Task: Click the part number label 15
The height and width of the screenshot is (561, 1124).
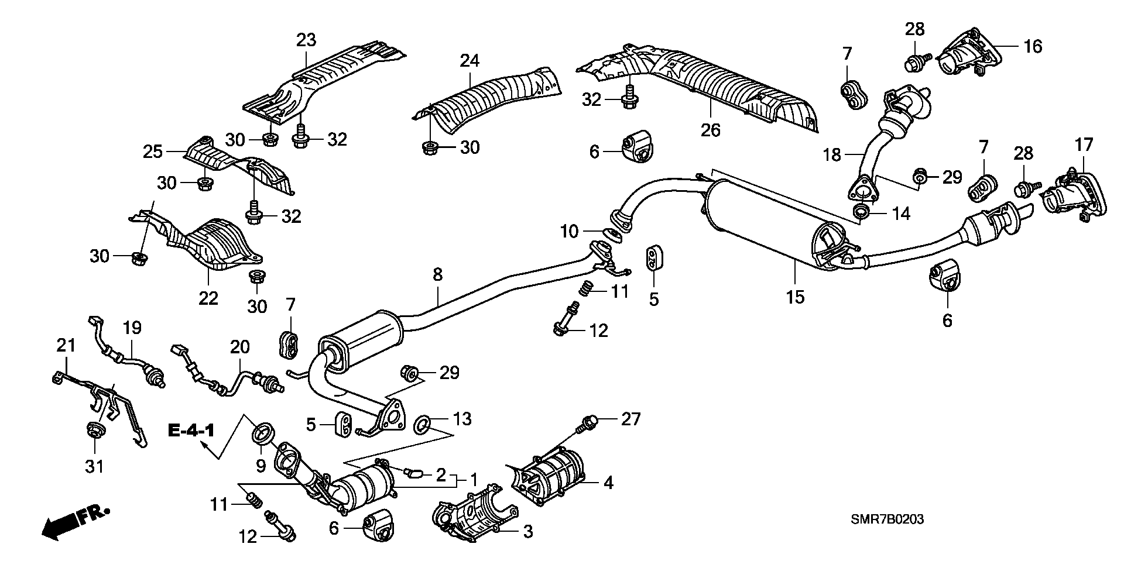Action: coord(796,297)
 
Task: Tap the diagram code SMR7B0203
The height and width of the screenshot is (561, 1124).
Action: coord(887,519)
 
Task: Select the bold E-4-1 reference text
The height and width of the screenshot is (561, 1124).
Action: coord(191,431)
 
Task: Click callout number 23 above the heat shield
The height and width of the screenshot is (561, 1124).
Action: coord(306,40)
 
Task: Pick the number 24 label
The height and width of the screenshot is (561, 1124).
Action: coord(470,60)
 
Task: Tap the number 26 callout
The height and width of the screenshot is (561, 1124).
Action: coord(711,129)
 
